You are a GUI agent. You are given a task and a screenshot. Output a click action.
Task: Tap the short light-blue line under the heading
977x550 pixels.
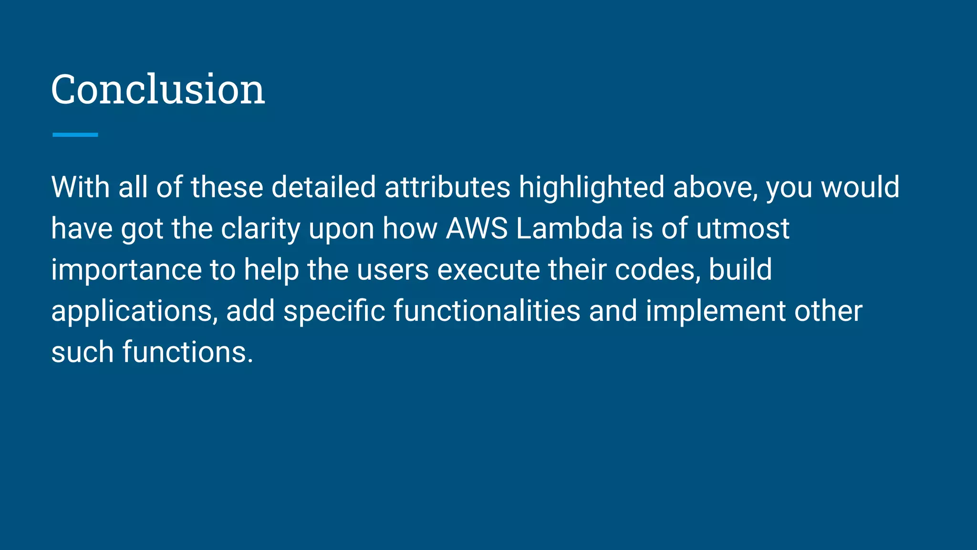pyautogui.click(x=75, y=135)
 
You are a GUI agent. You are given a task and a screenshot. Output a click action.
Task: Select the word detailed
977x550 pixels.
pyautogui.click(x=323, y=187)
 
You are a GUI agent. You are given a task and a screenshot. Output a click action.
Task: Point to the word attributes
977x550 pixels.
pyautogui.click(x=447, y=187)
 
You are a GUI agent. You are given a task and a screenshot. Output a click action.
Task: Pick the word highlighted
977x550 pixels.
pyautogui.click(x=591, y=187)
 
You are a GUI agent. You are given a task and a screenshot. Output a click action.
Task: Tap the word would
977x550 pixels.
pyautogui.click(x=860, y=187)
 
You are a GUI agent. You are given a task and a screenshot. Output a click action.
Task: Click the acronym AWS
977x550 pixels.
pyautogui.click(x=477, y=228)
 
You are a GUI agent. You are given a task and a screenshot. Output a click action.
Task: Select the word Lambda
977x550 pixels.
pyautogui.click(x=569, y=228)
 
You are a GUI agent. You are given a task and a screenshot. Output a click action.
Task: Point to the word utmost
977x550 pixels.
pyautogui.click(x=743, y=228)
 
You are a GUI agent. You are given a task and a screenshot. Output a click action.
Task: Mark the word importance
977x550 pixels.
pyautogui.click(x=126, y=270)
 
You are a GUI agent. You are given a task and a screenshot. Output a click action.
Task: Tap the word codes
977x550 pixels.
pyautogui.click(x=656, y=270)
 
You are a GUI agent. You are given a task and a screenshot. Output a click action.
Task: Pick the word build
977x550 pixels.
pyautogui.click(x=740, y=270)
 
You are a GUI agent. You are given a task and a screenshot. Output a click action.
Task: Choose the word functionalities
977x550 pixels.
pyautogui.click(x=487, y=311)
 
